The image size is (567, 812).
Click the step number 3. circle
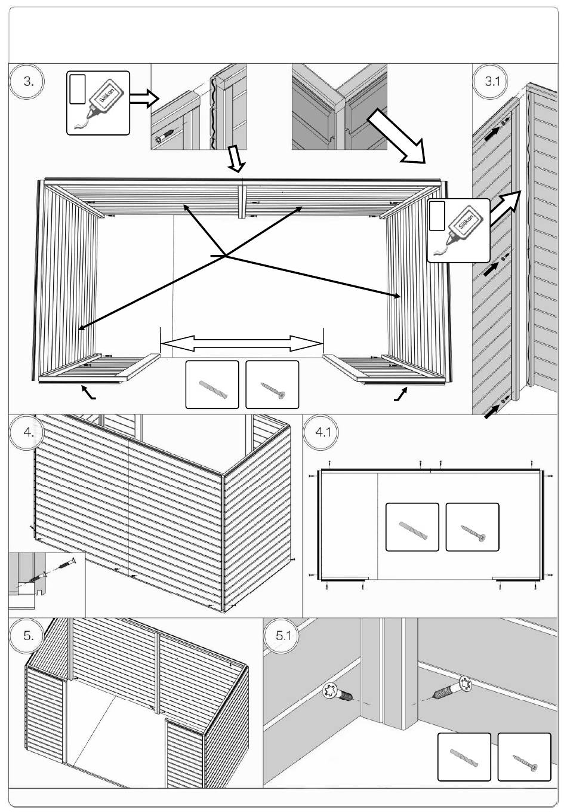[27, 81]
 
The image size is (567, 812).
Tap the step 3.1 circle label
[492, 81]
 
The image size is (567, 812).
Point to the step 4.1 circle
[321, 432]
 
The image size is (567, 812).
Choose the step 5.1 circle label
[282, 636]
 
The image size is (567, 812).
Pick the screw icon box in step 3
[272, 385]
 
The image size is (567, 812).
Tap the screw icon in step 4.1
[473, 533]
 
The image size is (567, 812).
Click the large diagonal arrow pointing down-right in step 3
[396, 136]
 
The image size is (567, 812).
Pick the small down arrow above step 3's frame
[236, 158]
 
